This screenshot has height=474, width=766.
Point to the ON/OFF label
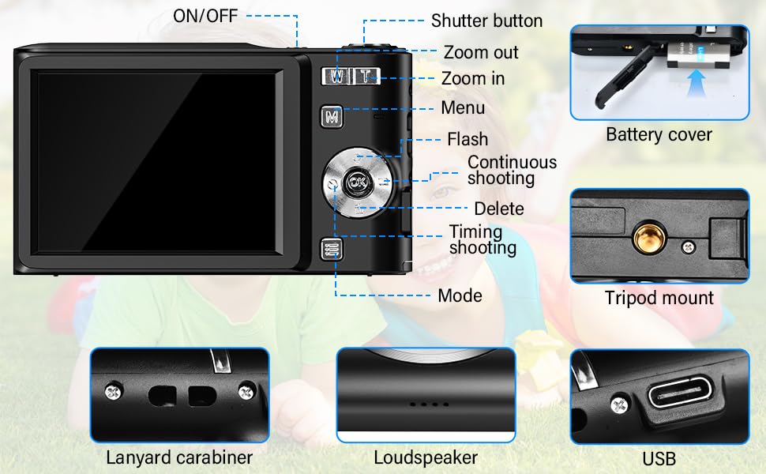point(205,16)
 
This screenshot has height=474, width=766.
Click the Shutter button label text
point(486,21)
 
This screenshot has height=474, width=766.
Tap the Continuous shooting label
point(512,170)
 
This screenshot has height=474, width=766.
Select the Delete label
point(498,209)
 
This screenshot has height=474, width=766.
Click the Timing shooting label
point(482,239)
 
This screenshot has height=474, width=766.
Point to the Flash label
point(467,139)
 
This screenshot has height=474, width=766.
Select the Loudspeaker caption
point(426,457)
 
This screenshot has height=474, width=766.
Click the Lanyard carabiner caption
point(179,457)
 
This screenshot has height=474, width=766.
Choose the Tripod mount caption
point(659,298)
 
